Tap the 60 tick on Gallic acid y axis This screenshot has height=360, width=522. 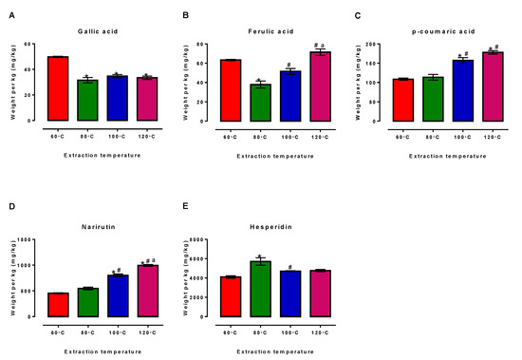click(x=31, y=44)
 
